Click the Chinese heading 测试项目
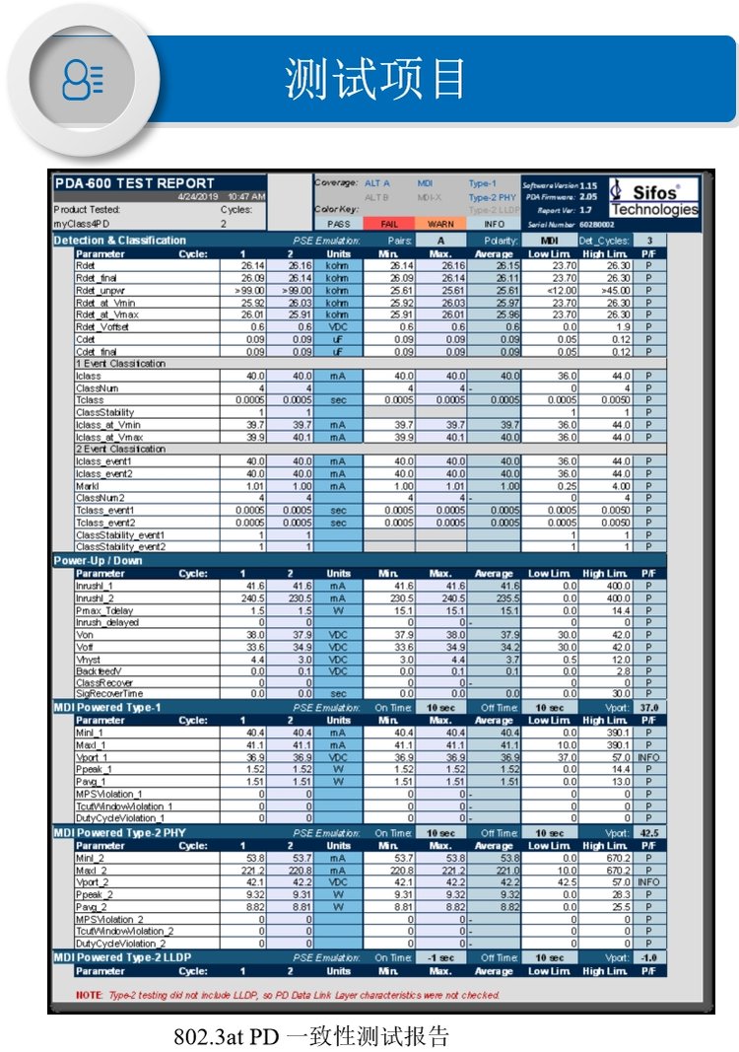point(374,78)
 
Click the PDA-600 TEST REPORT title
point(134,183)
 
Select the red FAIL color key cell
point(388,224)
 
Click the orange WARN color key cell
point(440,224)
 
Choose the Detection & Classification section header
point(119,241)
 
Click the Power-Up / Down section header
point(98,561)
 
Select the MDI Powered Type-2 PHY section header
point(132,833)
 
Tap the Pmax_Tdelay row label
point(103,611)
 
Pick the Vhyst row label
point(89,660)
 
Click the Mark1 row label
point(88,486)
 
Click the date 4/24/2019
point(197,197)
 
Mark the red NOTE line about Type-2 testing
point(286,995)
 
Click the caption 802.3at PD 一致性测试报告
point(310,1036)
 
